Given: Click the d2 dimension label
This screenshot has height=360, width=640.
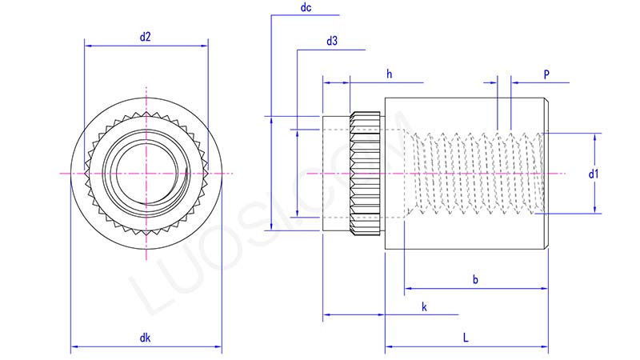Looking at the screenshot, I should [x=146, y=35].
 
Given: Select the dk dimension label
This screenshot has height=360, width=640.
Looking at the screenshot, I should [x=146, y=338].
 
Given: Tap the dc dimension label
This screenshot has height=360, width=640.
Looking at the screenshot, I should [x=305, y=7].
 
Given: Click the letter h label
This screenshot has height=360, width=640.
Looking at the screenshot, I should [x=389, y=74].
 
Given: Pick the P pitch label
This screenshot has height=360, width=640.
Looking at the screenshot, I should [x=546, y=74].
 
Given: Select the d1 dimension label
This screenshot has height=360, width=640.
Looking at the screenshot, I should [x=593, y=173].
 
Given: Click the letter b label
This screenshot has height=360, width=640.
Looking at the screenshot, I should [x=475, y=279].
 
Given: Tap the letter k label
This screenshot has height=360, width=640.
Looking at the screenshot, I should [x=424, y=307].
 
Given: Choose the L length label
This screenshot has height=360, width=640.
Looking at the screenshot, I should [x=466, y=338].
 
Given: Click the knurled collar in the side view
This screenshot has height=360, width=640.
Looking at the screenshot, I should [x=366, y=174].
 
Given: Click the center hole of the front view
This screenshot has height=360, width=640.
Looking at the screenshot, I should [x=146, y=174].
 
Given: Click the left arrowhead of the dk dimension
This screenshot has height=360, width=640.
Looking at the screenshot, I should [x=75, y=347].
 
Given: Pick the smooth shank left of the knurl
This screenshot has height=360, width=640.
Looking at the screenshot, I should [x=336, y=174].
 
